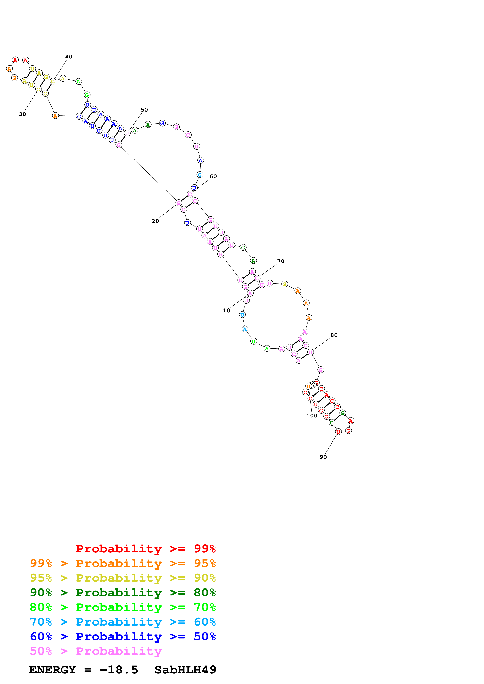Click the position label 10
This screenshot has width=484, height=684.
[226, 310]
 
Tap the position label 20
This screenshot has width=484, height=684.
[155, 221]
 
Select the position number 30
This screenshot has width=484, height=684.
[22, 114]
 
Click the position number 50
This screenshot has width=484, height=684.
[144, 110]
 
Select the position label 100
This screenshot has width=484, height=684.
[311, 416]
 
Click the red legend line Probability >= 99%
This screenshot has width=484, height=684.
[145, 549]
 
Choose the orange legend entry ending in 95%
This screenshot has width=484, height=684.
[123, 563]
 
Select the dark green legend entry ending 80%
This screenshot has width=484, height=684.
[123, 593]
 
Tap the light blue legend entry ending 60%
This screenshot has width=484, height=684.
[123, 622]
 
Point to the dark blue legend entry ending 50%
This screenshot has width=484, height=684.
[123, 636]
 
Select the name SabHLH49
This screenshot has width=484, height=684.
[185, 670]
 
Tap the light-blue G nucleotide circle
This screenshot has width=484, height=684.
[200, 175]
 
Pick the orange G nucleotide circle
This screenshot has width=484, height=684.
[14, 78]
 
